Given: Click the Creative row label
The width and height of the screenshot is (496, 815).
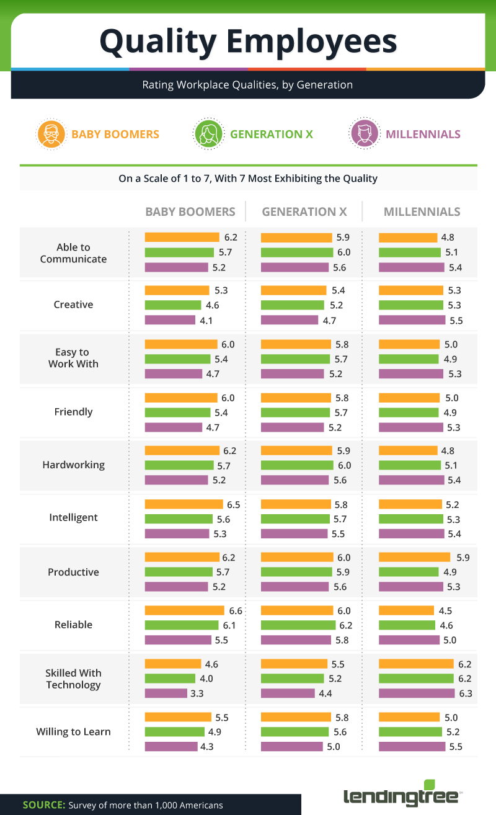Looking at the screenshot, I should [73, 305].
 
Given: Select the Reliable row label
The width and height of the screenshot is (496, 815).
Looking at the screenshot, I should [73, 625].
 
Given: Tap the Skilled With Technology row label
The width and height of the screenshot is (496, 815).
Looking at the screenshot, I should [73, 679].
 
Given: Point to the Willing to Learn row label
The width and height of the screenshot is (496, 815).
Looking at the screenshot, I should [73, 732].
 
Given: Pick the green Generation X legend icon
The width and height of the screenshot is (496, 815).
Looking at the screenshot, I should [208, 134].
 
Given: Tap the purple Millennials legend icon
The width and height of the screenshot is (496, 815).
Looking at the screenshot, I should [364, 134].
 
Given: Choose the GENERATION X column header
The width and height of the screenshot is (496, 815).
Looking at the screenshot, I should [304, 212].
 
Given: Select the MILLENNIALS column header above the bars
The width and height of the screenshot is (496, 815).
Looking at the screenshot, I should [422, 212].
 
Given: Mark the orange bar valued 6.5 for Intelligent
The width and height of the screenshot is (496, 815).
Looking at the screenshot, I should [184, 504].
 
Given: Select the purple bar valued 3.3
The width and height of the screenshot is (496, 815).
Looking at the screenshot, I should [166, 693].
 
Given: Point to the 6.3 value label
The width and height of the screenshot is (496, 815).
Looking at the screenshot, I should [465, 693].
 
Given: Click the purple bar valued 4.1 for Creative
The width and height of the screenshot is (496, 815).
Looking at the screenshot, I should [170, 320].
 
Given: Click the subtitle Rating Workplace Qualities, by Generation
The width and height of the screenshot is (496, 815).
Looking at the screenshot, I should [247, 85].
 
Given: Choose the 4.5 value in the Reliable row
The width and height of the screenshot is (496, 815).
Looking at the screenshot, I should [445, 610].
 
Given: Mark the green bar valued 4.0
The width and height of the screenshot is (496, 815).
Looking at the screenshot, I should [170, 678].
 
